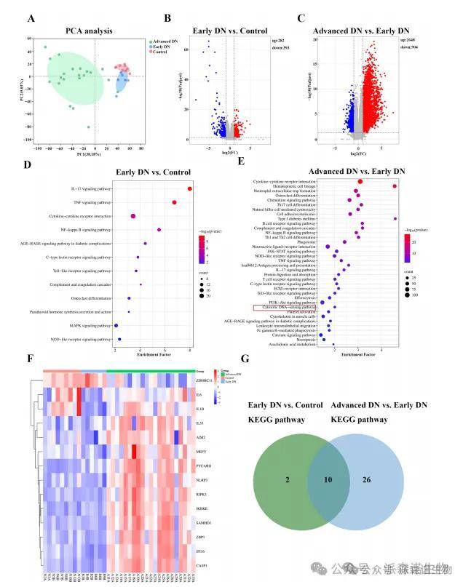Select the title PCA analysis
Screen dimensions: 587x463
[x=88, y=31]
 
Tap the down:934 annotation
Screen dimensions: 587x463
[x=408, y=48]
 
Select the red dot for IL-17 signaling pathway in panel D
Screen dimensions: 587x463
[x=189, y=189]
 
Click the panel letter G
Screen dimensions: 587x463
[x=250, y=378]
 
